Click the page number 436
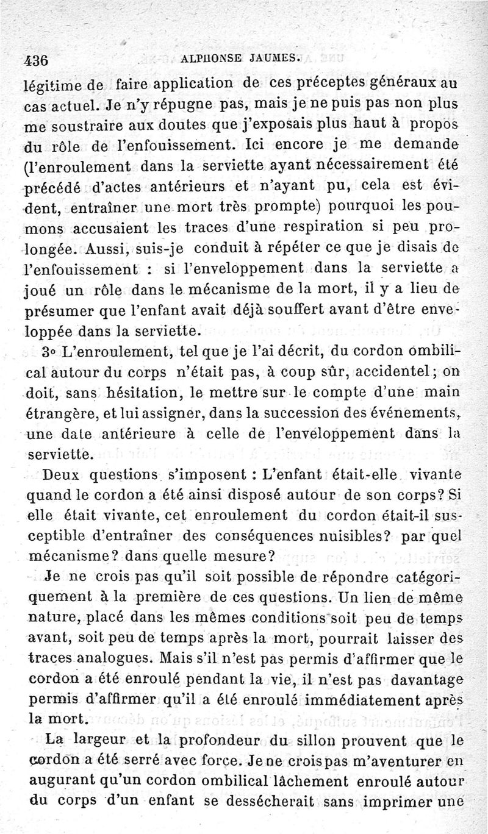36,60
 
